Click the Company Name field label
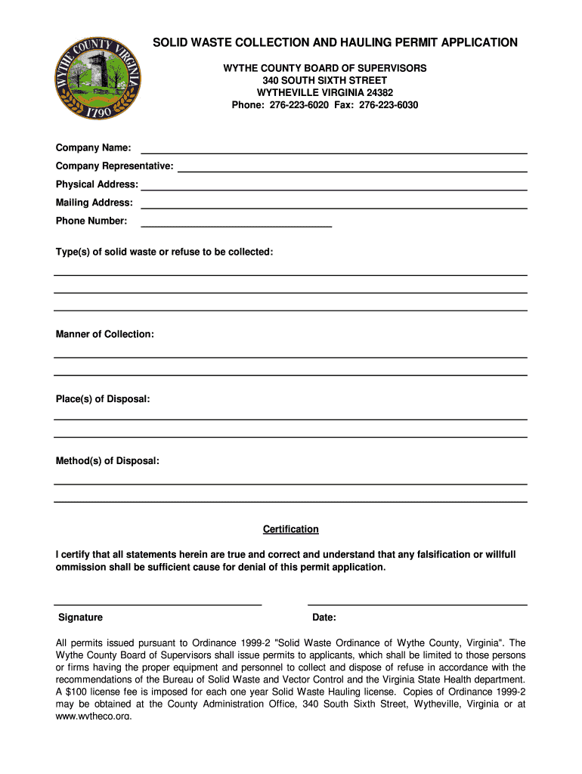(x=93, y=147)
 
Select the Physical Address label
(x=97, y=184)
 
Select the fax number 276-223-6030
(x=389, y=105)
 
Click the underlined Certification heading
(x=290, y=529)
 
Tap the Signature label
(x=80, y=618)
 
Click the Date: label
(x=324, y=618)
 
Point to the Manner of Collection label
(x=105, y=334)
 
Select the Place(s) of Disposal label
(x=103, y=399)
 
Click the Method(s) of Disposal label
(x=107, y=461)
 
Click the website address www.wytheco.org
(x=94, y=716)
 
